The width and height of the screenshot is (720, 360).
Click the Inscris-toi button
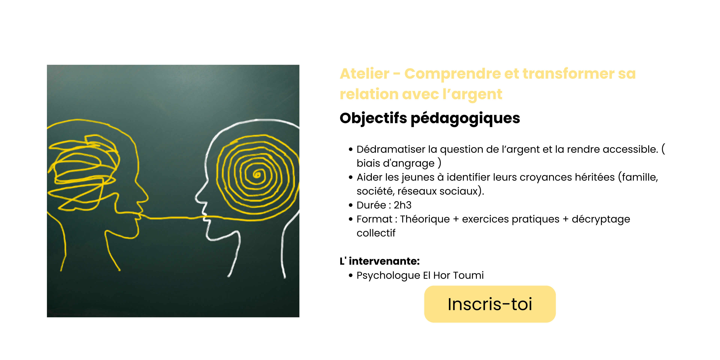coord(490,304)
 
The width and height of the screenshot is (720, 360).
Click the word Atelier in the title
coord(364,74)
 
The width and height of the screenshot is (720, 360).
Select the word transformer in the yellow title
coord(568,74)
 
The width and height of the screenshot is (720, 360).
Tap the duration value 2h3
coord(403,205)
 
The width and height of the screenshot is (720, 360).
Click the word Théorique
coord(425,219)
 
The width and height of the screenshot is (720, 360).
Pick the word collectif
coord(376,233)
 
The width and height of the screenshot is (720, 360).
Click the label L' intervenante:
coord(379,261)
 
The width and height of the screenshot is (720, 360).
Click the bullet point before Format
coord(351,219)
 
